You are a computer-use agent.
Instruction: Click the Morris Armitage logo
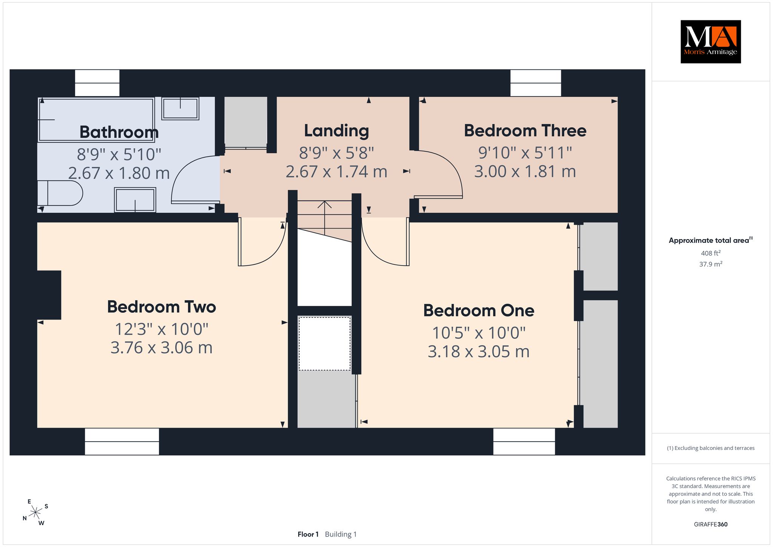pos(710,42)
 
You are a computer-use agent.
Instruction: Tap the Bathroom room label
pos(119,132)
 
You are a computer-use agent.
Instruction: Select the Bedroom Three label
pos(525,131)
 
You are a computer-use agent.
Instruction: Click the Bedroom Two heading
pos(162,307)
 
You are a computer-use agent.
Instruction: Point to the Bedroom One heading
pos(479,311)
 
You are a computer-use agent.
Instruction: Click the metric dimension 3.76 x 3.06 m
pos(162,348)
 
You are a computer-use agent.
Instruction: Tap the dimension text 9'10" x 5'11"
pos(525,153)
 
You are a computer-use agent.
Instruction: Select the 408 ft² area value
pos(711,253)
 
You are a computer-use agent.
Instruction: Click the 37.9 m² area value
pos(711,264)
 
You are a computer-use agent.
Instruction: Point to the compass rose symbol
pos(35,513)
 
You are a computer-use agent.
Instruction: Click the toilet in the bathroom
pos(60,193)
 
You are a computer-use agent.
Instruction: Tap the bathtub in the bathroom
pos(96,120)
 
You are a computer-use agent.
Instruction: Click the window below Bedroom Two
pos(122,441)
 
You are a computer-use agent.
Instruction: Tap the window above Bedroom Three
pos(536,83)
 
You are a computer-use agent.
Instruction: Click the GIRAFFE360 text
pos(711,524)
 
